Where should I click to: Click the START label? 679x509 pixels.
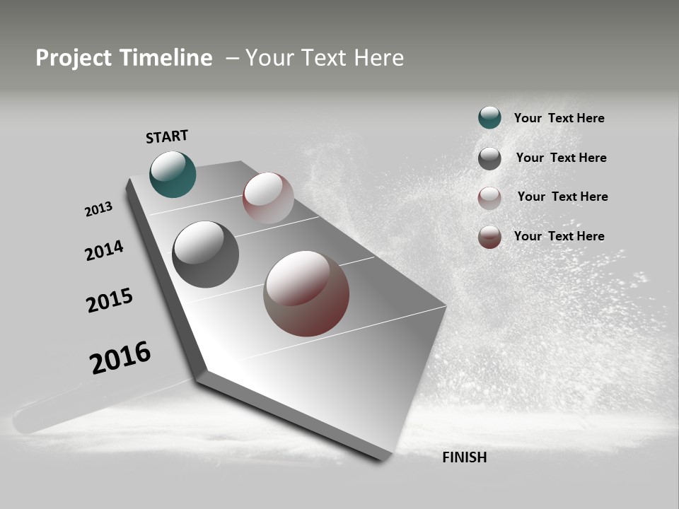point(167,136)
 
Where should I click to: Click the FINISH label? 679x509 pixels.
point(465,457)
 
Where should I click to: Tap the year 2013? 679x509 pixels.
point(98,209)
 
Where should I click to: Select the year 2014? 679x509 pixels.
point(104,250)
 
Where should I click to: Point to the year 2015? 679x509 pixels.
point(110,300)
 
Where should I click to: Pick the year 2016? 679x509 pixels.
point(120,358)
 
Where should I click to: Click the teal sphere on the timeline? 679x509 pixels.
point(173,175)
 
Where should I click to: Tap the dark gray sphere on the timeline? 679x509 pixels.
point(205,255)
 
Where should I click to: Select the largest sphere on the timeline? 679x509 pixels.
point(306,293)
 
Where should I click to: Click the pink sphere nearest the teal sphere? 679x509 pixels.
point(268,198)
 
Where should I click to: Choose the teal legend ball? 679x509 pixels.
point(489,118)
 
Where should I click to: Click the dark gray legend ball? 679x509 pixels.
point(489,158)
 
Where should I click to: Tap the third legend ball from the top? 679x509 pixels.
point(489,198)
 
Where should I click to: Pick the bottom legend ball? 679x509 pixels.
point(489,237)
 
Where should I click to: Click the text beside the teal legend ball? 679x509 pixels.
point(559,119)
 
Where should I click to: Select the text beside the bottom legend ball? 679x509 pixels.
point(559,236)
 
